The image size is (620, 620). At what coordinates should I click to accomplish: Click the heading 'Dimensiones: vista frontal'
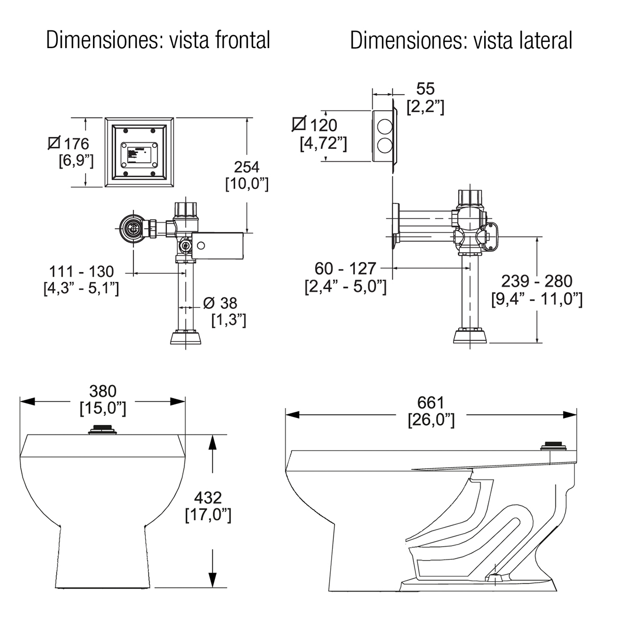coord(158,40)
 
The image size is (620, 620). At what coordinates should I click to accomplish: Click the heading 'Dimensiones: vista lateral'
coord(461,40)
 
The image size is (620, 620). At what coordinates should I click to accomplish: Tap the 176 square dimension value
coord(75,144)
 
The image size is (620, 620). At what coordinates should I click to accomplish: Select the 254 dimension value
coord(246,167)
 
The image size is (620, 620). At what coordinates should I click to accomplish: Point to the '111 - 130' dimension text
coord(81,271)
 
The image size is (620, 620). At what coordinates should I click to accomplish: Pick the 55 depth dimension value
coord(425,88)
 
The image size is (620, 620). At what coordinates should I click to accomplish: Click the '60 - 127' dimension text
coord(346,269)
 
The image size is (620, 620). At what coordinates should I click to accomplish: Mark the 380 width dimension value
coord(103,391)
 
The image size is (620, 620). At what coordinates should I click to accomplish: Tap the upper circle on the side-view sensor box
coord(384,126)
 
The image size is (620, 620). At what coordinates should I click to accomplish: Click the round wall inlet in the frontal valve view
coord(132,228)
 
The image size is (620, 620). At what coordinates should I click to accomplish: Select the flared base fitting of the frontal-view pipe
coord(186,339)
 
